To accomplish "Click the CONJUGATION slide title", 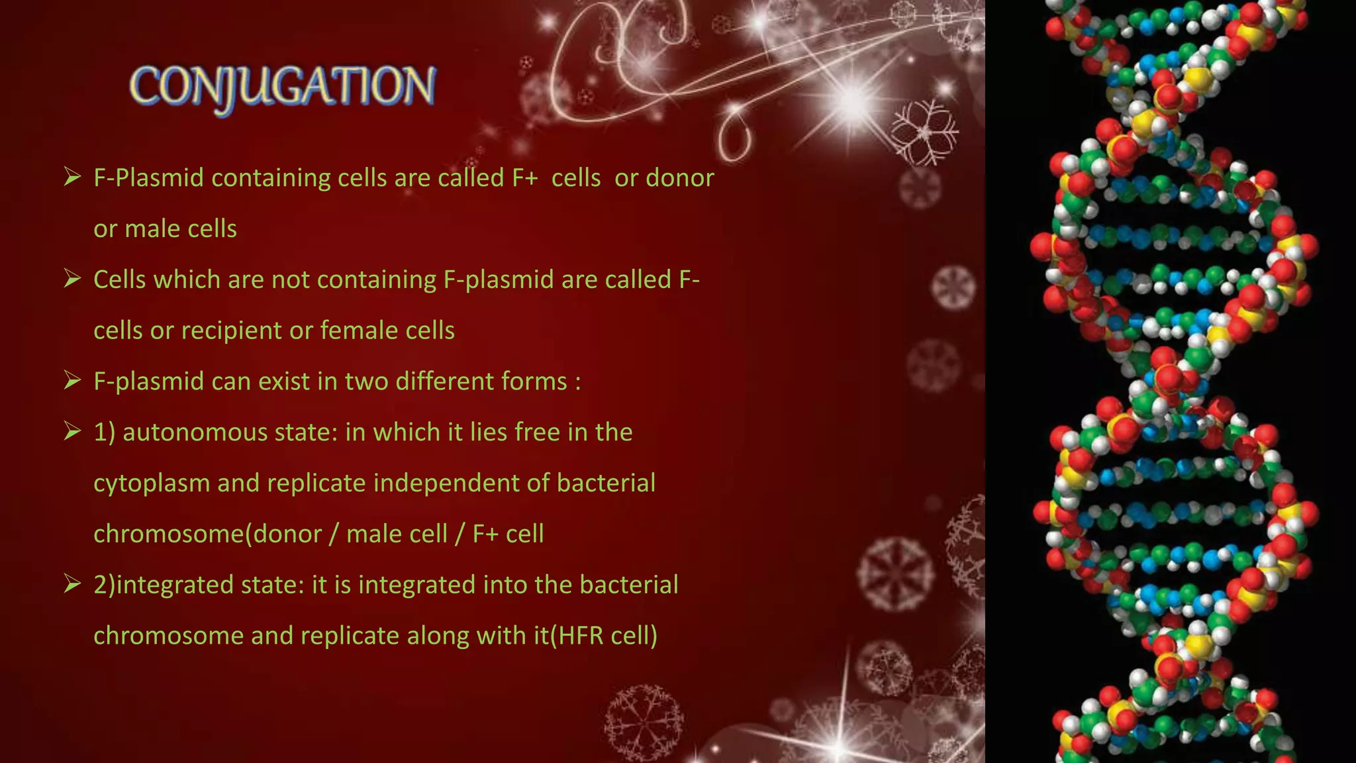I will point(283,88).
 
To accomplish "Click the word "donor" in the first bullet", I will point(680,178).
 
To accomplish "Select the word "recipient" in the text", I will point(246,331).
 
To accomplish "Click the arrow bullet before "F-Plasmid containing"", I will point(72,177).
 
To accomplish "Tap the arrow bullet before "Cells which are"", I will point(72,279).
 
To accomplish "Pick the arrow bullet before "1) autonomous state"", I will point(72,432).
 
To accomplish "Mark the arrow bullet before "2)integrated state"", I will point(72,584).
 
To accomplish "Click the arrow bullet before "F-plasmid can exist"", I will point(72,381).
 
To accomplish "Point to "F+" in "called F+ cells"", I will point(524,178).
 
